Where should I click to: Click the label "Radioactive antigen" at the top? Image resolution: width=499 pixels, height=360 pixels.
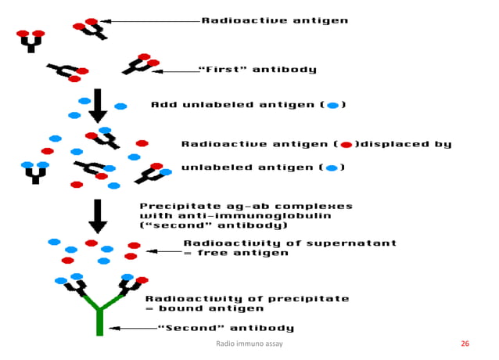[275, 20]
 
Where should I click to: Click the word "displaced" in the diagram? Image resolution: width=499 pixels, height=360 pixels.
[396, 144]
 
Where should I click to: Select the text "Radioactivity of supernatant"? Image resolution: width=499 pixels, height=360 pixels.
[289, 243]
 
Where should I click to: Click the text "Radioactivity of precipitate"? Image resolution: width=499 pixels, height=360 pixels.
[247, 298]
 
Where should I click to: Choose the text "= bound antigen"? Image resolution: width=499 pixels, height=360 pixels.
[204, 308]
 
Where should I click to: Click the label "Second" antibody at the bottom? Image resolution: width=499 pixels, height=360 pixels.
[226, 328]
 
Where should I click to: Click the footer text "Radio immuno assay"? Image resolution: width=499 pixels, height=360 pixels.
[249, 344]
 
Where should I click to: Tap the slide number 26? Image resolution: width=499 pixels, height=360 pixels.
[465, 344]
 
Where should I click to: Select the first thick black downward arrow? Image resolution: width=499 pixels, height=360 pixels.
[98, 105]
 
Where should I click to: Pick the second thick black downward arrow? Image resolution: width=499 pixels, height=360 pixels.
[98, 216]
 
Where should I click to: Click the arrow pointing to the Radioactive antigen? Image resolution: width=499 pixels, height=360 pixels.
[149, 21]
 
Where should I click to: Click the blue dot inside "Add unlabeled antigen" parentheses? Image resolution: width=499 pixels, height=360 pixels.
[332, 105]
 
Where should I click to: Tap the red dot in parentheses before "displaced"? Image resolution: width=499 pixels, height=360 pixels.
[345, 145]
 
